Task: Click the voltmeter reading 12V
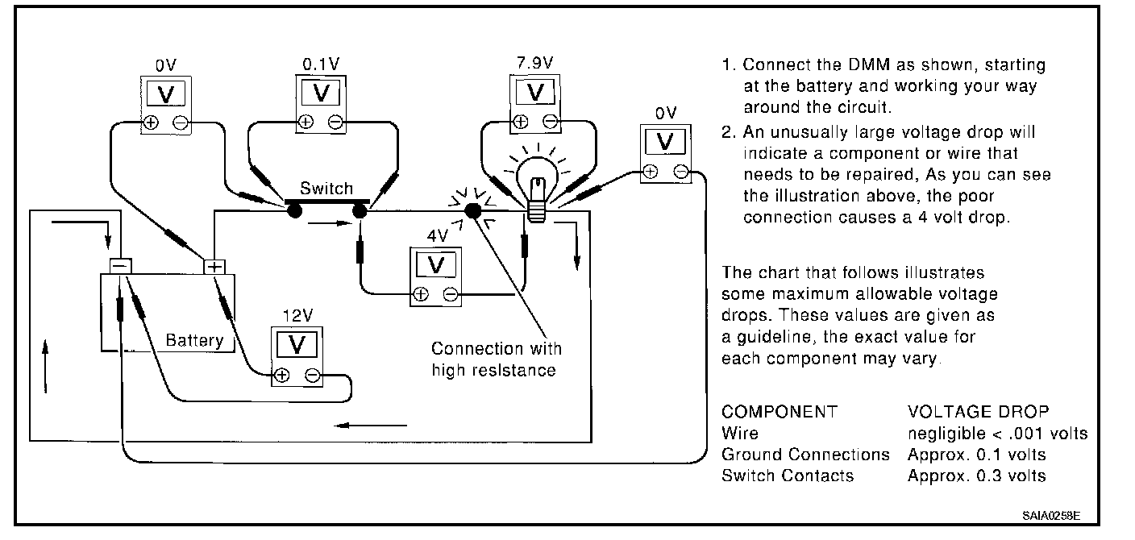297,356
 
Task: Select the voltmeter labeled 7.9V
535,104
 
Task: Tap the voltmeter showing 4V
436,276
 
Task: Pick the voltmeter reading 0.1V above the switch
321,104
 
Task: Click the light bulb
537,188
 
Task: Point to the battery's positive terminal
214,267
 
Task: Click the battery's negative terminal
121,266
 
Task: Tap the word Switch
326,189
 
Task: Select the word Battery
194,340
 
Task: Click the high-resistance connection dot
472,210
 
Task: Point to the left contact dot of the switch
294,210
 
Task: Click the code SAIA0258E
1051,516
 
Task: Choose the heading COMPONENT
780,411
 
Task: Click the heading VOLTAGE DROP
978,411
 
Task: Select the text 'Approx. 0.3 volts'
976,476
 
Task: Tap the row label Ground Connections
805,455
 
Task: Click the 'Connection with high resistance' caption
496,359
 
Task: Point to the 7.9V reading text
534,63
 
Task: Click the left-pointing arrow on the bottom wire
370,426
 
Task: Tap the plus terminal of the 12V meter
281,376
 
